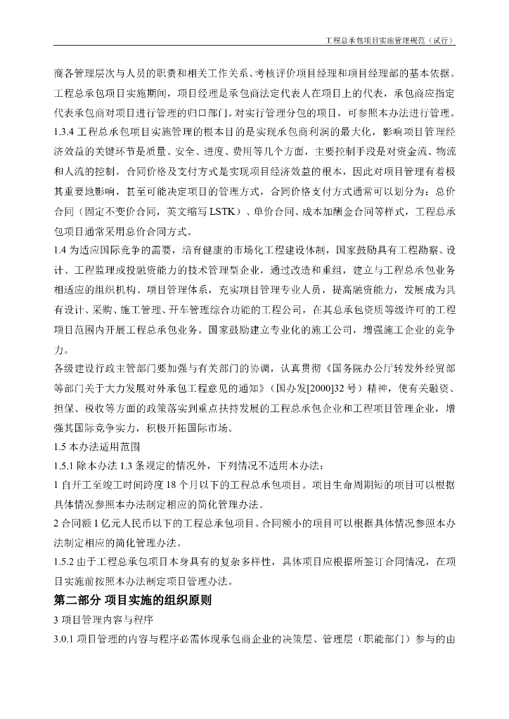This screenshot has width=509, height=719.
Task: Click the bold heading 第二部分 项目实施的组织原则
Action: click(133, 600)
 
